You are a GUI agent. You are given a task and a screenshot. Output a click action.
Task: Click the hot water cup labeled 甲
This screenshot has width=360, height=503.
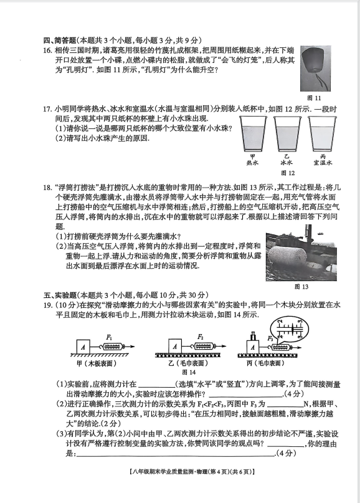click(x=253, y=133)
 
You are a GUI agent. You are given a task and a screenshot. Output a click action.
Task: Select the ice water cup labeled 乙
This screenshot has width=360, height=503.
click(x=287, y=133)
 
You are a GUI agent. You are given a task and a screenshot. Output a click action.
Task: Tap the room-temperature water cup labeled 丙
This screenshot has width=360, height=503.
click(x=322, y=133)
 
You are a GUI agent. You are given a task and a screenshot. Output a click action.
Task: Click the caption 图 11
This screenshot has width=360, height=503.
click(x=314, y=98)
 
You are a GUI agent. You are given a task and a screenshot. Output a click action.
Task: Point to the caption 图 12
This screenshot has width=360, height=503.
click(x=288, y=173)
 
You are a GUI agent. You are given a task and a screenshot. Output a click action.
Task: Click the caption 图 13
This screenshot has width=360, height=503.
click(x=301, y=287)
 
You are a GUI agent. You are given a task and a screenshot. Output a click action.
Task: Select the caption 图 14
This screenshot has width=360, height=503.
click(x=189, y=372)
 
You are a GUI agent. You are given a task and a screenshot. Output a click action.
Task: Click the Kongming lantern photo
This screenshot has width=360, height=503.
click(x=315, y=69)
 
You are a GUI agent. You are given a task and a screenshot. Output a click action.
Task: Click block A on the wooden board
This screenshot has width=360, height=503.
click(x=83, y=347)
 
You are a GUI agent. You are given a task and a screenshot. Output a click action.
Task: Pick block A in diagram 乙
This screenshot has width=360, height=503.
click(x=175, y=347)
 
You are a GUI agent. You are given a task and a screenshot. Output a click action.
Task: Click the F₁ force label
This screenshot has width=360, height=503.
click(x=109, y=337)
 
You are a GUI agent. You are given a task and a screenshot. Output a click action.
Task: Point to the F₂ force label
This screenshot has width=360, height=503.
click(x=201, y=337)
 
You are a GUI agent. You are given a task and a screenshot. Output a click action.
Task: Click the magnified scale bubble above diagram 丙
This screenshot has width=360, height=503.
click(x=290, y=330)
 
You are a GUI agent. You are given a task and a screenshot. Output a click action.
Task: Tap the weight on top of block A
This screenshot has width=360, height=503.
click(x=253, y=336)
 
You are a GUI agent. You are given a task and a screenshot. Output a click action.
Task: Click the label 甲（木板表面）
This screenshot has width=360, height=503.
click(x=96, y=363)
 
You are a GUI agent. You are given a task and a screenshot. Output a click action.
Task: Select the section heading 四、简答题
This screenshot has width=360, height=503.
click(x=60, y=41)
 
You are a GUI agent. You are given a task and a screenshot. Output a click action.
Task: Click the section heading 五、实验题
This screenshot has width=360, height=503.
click(x=60, y=295)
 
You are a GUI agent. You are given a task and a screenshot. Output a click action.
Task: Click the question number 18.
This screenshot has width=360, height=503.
click(x=47, y=188)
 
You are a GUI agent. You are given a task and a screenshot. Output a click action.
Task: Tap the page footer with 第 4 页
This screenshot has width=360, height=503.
click(x=192, y=472)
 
